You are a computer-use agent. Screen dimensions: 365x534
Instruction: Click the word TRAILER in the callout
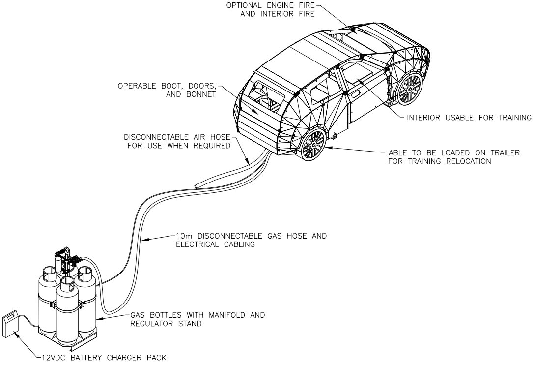click(507, 152)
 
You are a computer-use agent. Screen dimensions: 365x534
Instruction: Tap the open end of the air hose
click(197, 185)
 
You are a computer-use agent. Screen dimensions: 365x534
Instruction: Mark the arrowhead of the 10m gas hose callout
click(142, 241)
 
